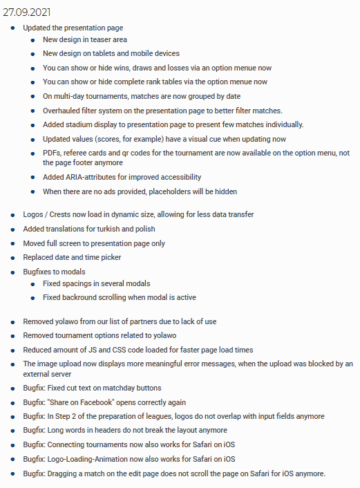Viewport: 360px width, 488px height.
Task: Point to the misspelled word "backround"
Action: [82, 297]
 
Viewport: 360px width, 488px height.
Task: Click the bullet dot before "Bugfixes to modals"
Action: [14, 272]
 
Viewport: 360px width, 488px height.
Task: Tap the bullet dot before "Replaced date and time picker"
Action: [14, 258]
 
